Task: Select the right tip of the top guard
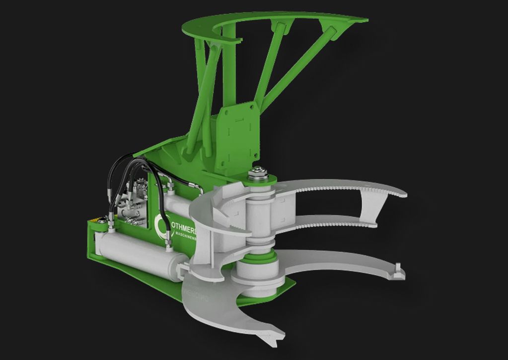pyautogui.click(x=365, y=21)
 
